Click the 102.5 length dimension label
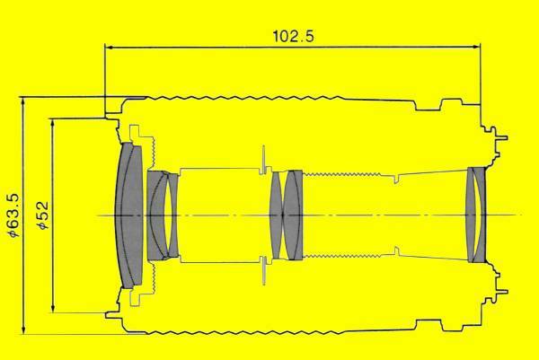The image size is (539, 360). (293, 36)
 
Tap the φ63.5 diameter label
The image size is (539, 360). (14, 215)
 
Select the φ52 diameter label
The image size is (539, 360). (43, 215)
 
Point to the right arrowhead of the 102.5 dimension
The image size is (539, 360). (476, 47)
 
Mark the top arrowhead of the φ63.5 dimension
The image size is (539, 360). (23, 101)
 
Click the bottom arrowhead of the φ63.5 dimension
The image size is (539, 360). (23, 329)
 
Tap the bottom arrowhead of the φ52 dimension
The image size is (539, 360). (53, 308)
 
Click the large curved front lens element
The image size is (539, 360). (129, 215)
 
